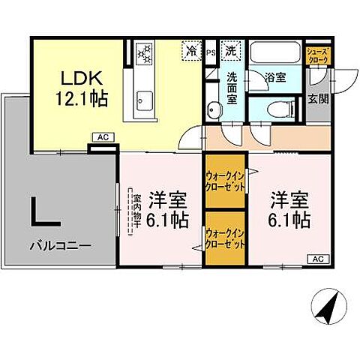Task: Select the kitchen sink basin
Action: [143, 100]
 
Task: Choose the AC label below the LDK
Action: [100, 137]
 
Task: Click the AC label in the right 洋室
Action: [317, 259]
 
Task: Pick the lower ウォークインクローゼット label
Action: [225, 238]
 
